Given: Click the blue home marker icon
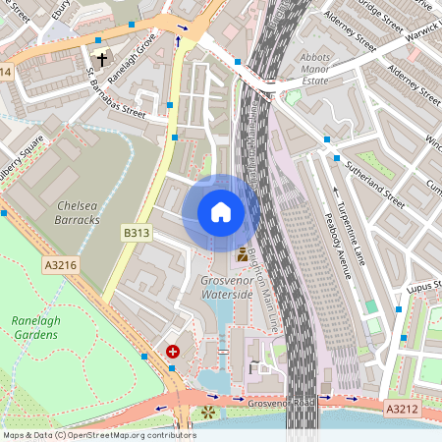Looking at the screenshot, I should (221, 211).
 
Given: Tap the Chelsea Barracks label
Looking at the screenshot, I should (79, 212).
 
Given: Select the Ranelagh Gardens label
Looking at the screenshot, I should (36, 327).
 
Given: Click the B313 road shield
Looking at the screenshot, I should (136, 233).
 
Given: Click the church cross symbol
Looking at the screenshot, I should (101, 60).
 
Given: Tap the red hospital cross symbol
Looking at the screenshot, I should (173, 351).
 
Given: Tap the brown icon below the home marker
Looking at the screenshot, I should (242, 254).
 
